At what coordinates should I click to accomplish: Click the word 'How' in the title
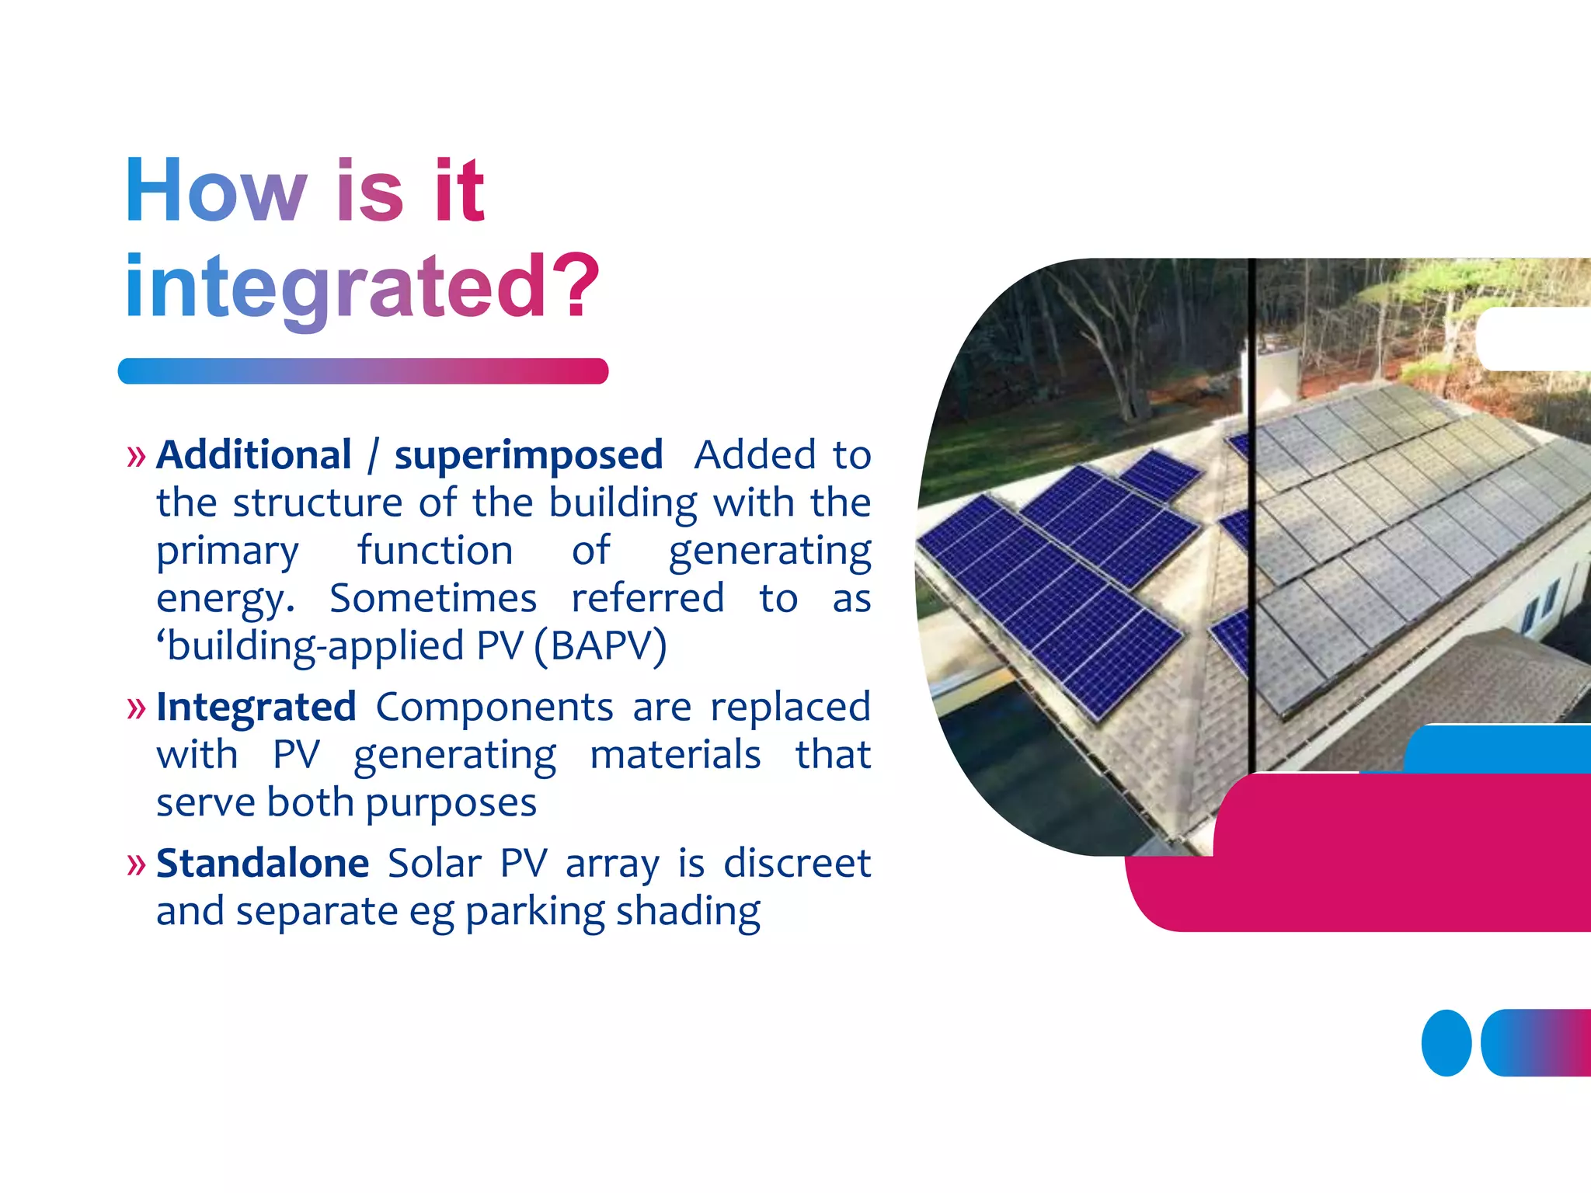tap(216, 190)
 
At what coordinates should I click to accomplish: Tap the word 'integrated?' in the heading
tap(362, 287)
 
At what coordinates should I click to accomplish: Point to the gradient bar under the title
tap(363, 371)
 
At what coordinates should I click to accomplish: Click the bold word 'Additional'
tap(254, 455)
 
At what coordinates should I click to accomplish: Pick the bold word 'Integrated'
tap(256, 708)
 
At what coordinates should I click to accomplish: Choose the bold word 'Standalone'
tap(263, 864)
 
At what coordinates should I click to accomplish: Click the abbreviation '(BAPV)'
tap(601, 646)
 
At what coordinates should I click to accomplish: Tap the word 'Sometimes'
tap(433, 599)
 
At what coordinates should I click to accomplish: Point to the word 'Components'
tap(495, 708)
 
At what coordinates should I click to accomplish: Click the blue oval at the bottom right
tap(1446, 1043)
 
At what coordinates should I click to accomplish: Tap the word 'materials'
tap(675, 755)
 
